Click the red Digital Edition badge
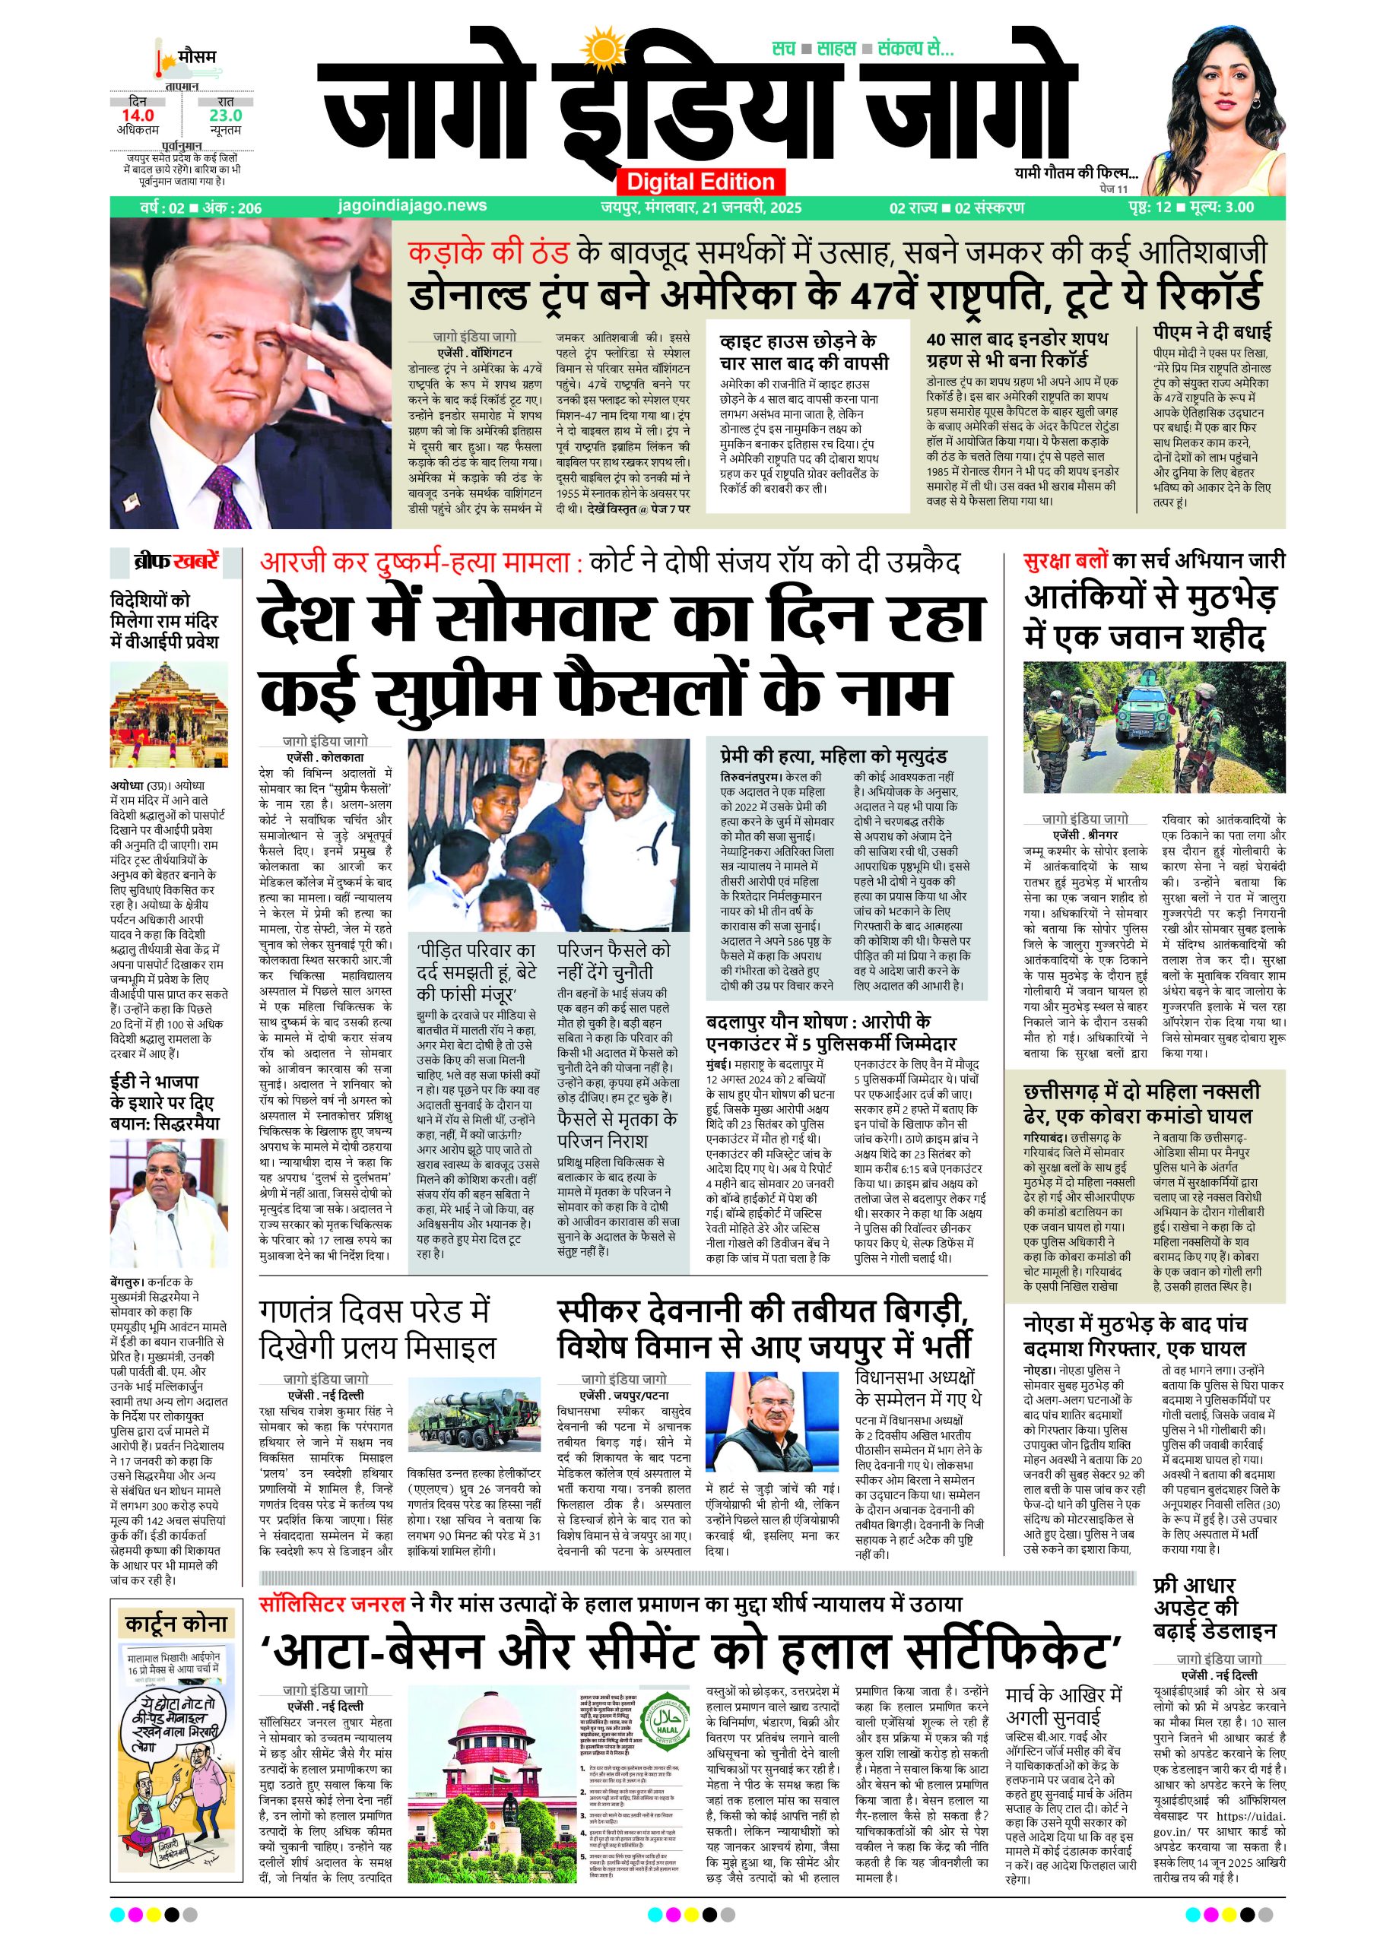(x=700, y=182)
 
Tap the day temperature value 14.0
(x=138, y=115)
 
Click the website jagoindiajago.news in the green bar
(x=413, y=206)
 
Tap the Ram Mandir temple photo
(x=169, y=714)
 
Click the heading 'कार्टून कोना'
(x=176, y=1624)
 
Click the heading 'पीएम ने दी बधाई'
(x=1211, y=332)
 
